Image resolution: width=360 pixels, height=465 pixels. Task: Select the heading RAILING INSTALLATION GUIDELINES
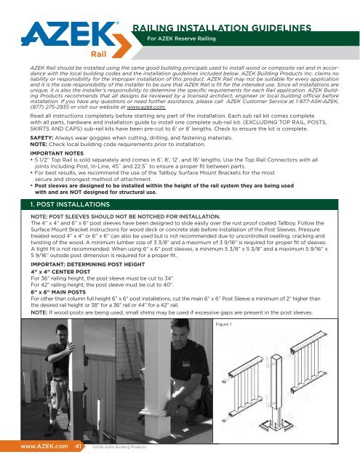pos(231,28)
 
